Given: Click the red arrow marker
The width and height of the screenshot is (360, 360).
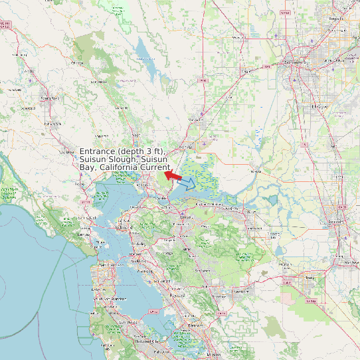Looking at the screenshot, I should pos(173,175).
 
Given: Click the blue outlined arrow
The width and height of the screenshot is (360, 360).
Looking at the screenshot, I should pos(188,183).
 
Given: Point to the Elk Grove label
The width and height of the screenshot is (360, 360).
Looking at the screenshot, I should pos(319,106).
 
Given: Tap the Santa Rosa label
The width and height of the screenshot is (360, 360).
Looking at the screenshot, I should pos(49,98).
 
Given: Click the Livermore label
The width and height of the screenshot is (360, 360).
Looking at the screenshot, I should pos(241,291).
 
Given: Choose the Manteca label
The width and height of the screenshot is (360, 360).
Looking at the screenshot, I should pos(345,262).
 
